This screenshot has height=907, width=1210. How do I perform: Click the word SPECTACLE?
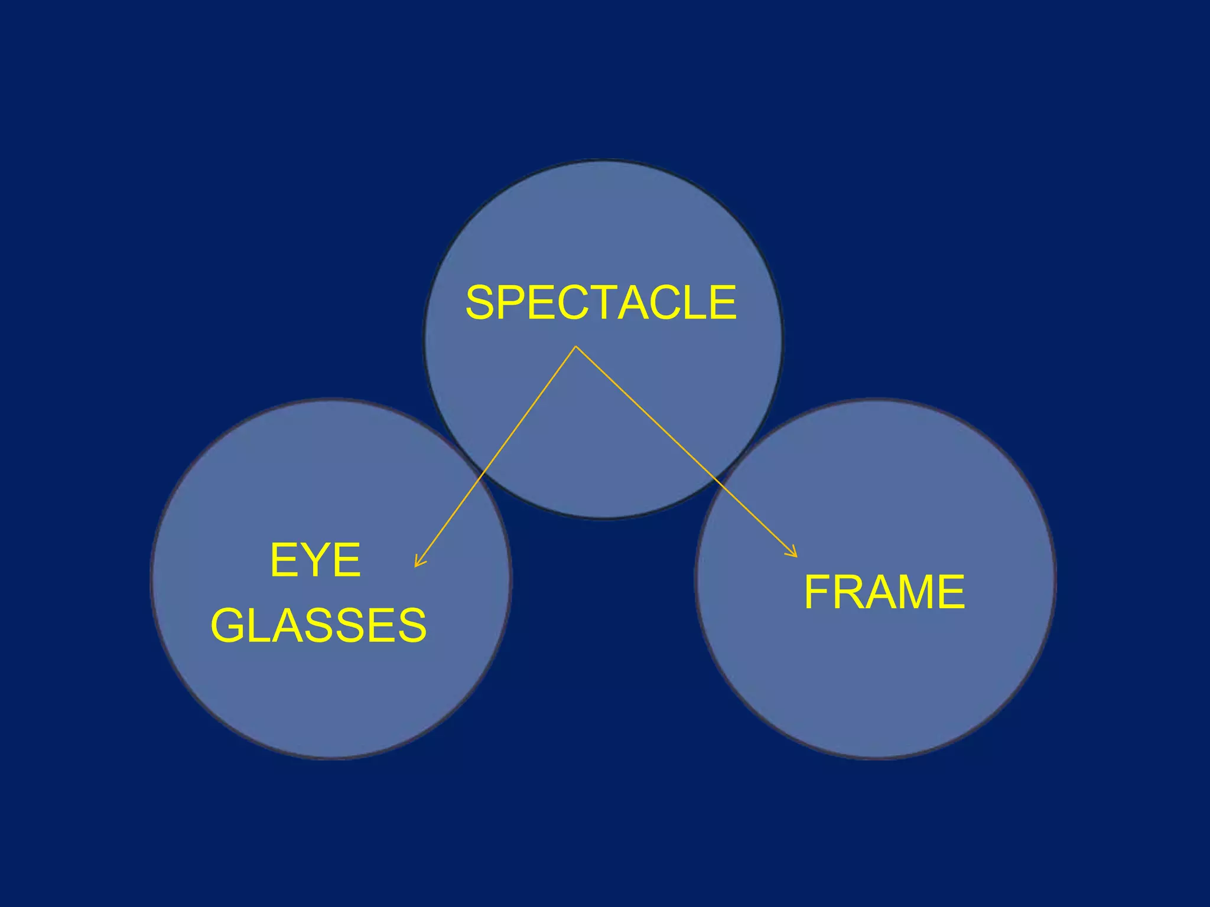pyautogui.click(x=601, y=303)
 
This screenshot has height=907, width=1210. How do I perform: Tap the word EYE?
pyautogui.click(x=315, y=560)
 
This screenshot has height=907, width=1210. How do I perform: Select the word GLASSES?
pyautogui.click(x=318, y=625)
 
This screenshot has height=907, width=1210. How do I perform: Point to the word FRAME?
pyautogui.click(x=884, y=592)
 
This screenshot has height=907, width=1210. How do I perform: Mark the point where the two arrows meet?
pyautogui.click(x=576, y=347)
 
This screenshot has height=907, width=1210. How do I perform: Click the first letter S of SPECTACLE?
pyautogui.click(x=481, y=303)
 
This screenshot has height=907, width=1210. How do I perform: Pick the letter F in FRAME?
pyautogui.click(x=819, y=592)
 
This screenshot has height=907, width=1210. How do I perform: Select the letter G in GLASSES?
pyautogui.click(x=227, y=625)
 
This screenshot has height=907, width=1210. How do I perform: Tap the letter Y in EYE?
pyautogui.click(x=315, y=560)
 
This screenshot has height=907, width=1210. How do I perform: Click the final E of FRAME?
pyautogui.click(x=951, y=592)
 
